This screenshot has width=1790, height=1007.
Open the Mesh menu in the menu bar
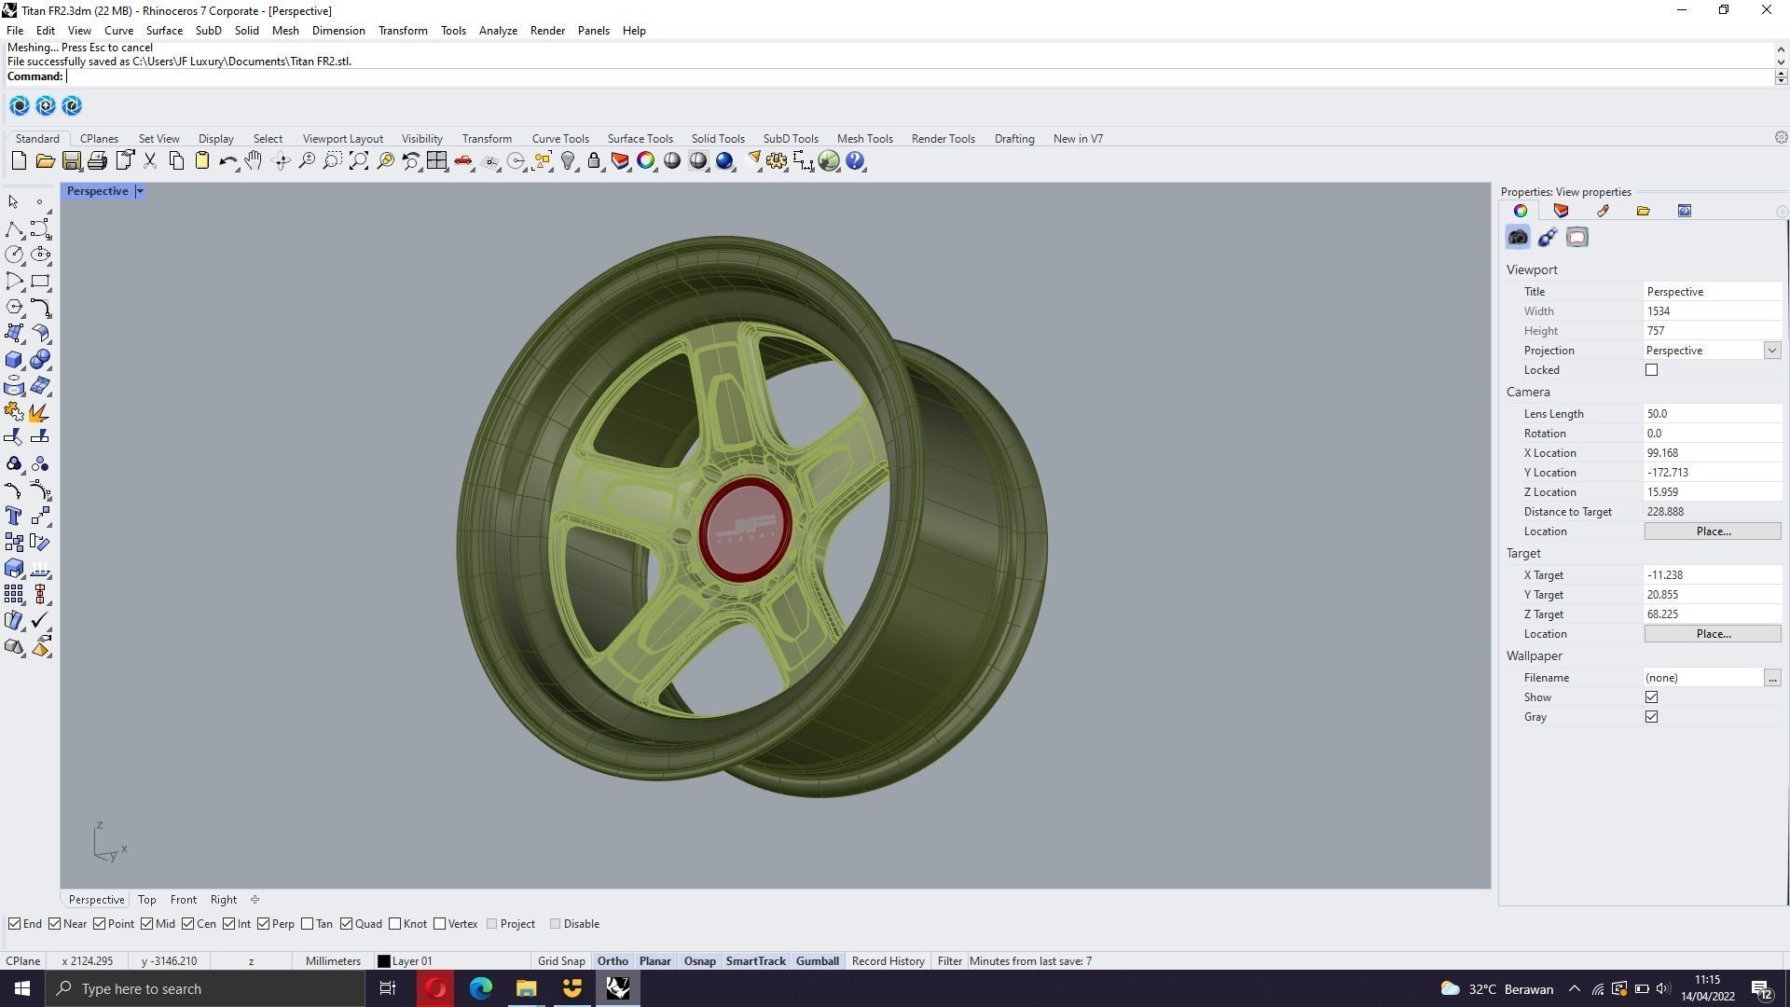coord(285,31)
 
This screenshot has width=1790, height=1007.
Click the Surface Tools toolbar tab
coord(640,139)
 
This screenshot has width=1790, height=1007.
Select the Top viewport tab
coord(146,900)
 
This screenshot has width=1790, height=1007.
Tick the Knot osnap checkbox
coord(395,924)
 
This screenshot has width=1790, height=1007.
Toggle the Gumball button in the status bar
coord(817,961)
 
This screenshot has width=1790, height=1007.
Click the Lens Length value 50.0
coord(1711,414)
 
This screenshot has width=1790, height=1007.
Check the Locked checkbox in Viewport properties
coord(1651,370)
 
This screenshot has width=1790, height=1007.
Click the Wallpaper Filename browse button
coord(1771,678)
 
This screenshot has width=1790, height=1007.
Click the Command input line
coord(914,76)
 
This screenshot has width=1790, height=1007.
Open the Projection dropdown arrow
coord(1771,351)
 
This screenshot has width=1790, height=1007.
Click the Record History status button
coord(888,961)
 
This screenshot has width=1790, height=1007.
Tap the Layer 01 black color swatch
coord(383,961)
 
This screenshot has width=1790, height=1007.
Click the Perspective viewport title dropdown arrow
coord(140,191)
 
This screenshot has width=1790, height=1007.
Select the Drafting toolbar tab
coord(1013,139)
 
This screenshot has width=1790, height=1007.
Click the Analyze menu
coord(498,31)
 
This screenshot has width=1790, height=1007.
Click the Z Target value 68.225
coord(1711,614)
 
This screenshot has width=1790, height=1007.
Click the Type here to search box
coord(205,988)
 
